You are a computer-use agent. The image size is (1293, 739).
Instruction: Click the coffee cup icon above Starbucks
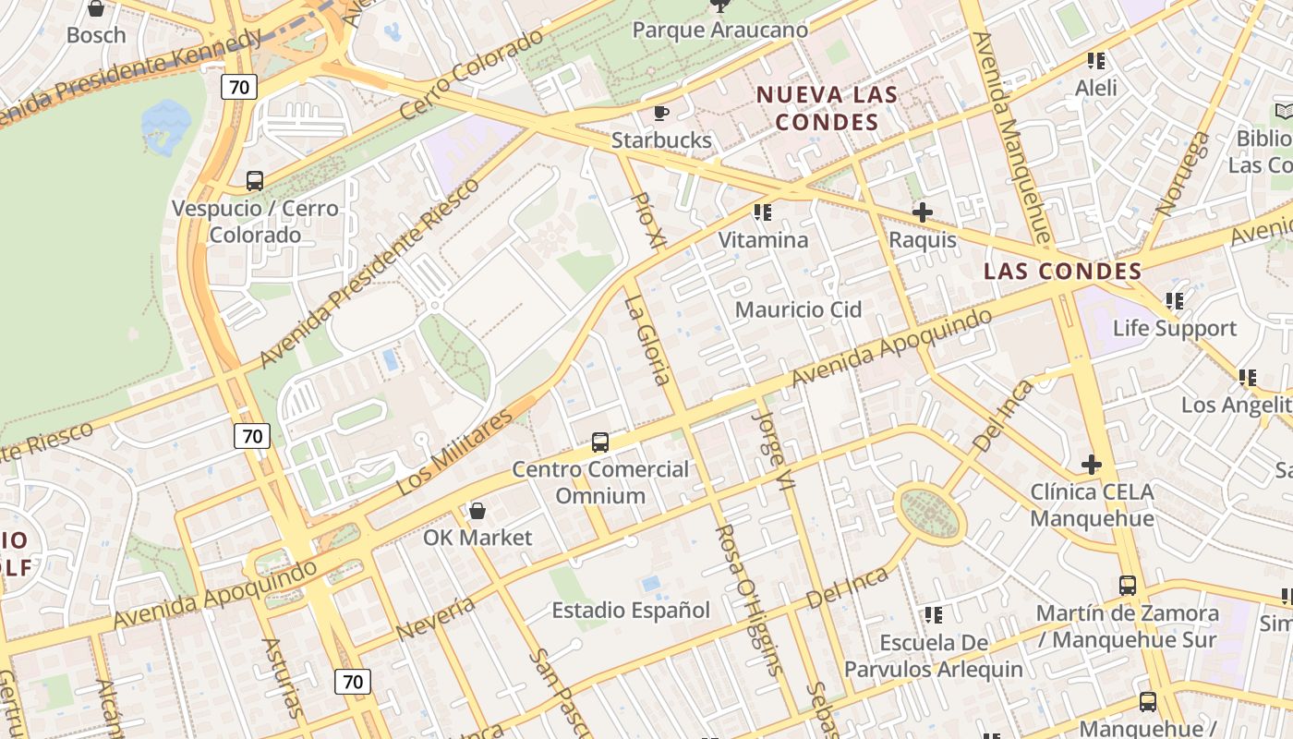pyautogui.click(x=660, y=113)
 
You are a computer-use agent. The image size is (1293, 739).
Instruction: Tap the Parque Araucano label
pyautogui.click(x=719, y=30)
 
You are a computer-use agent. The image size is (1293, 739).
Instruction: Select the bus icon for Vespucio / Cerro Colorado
pyautogui.click(x=255, y=181)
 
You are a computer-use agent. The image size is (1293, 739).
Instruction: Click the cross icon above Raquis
pyautogui.click(x=922, y=212)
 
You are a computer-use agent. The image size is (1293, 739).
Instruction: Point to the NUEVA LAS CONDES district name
pyautogui.click(x=827, y=108)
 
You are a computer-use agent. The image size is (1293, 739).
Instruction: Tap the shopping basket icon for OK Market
pyautogui.click(x=477, y=511)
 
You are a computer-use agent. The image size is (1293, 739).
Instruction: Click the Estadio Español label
pyautogui.click(x=631, y=611)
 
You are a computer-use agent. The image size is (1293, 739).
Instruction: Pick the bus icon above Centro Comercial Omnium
pyautogui.click(x=600, y=442)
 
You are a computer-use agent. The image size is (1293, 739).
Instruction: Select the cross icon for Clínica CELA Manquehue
pyautogui.click(x=1092, y=464)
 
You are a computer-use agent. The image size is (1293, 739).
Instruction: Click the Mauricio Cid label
pyautogui.click(x=798, y=309)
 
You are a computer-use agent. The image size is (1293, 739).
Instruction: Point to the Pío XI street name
pyautogui.click(x=647, y=220)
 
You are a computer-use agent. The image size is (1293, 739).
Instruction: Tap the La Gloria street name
pyautogui.click(x=646, y=340)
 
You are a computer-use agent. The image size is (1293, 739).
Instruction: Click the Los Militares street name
pyautogui.click(x=453, y=454)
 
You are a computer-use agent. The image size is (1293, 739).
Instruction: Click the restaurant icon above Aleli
pyautogui.click(x=1096, y=62)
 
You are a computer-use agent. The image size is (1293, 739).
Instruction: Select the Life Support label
pyautogui.click(x=1174, y=328)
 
